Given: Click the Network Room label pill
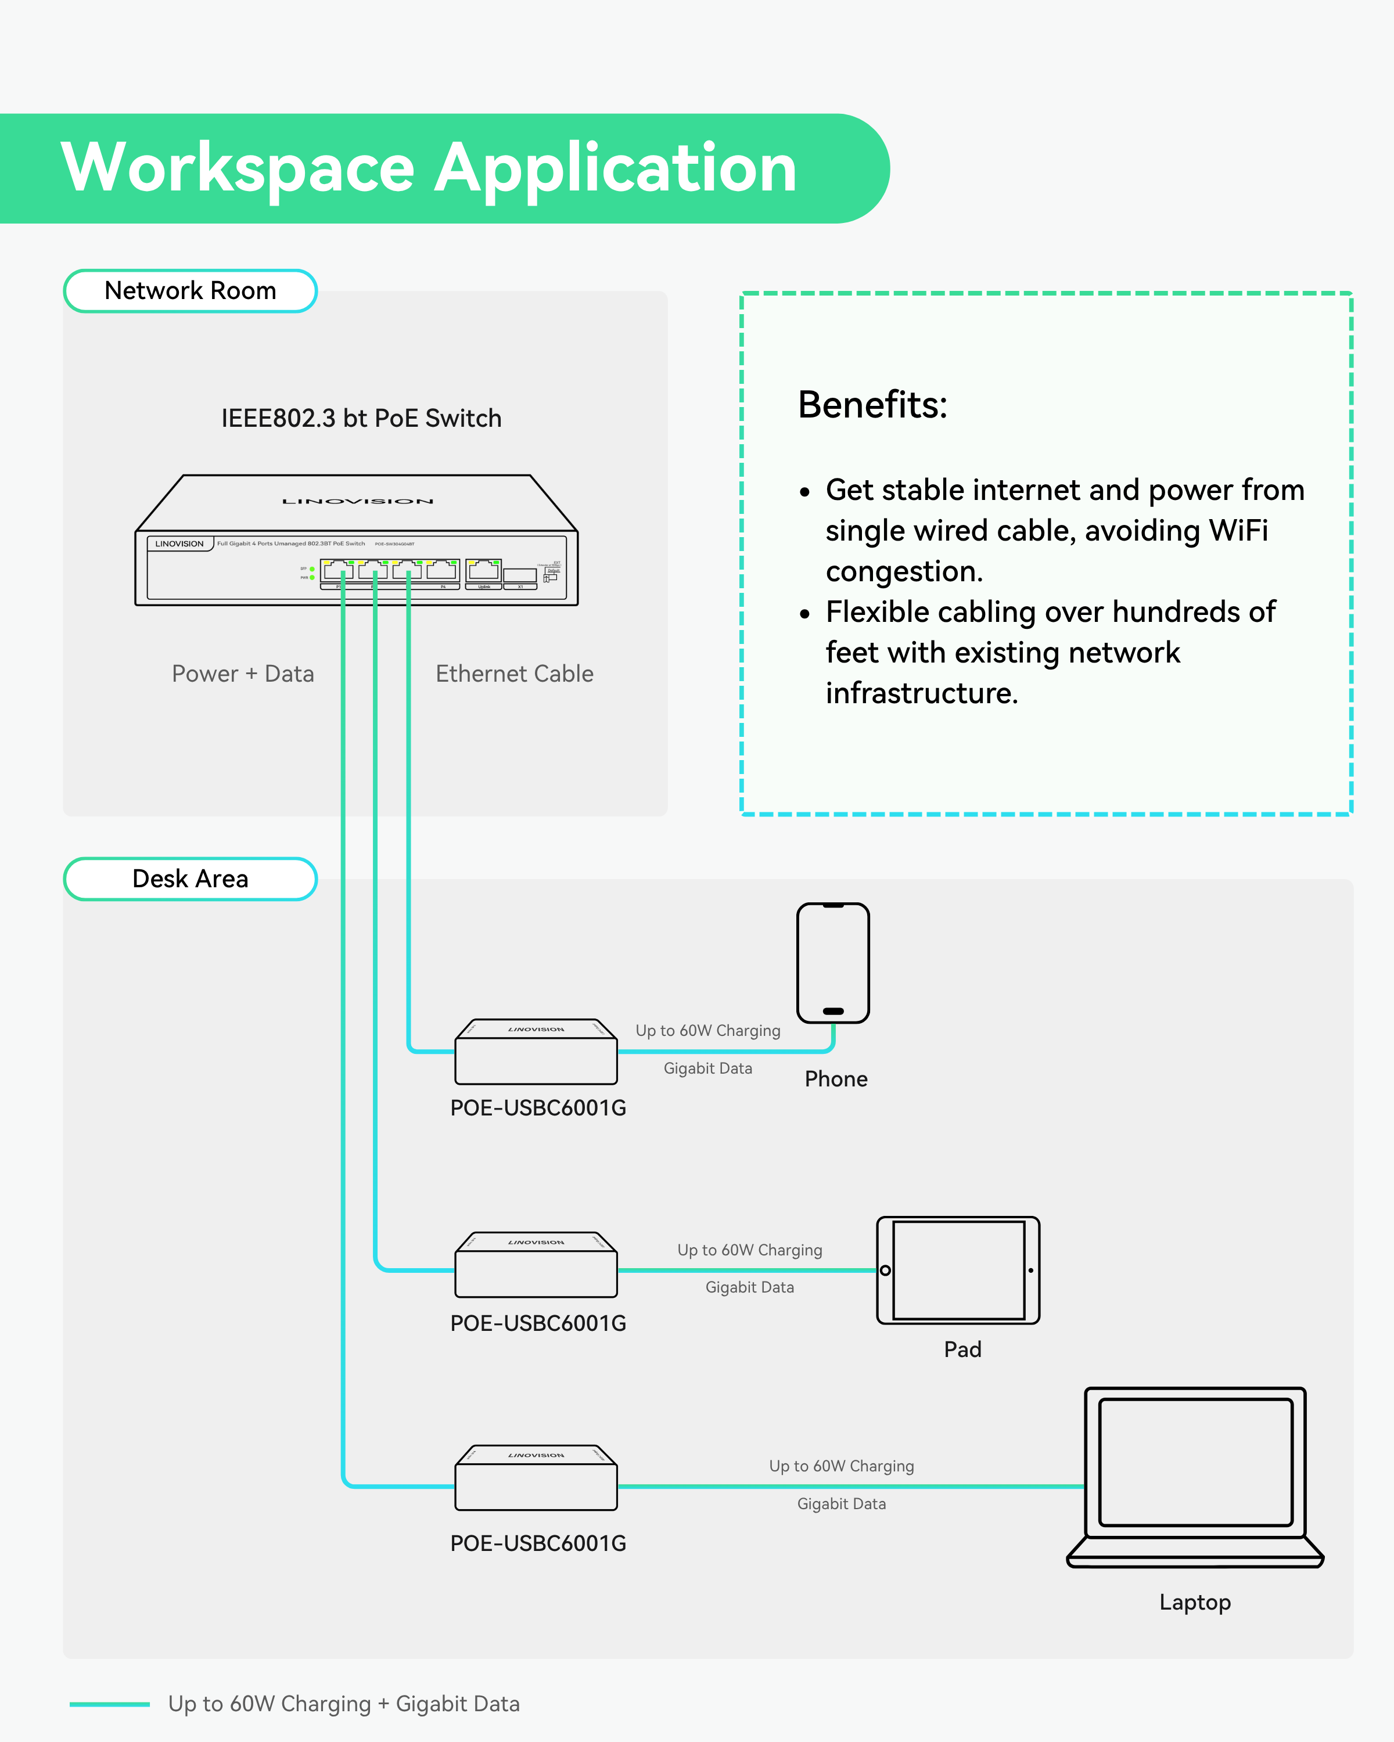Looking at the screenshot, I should point(190,291).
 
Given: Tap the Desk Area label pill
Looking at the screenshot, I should point(190,879).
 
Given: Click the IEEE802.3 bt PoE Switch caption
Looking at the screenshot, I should point(361,419).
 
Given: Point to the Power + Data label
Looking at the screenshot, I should point(242,674).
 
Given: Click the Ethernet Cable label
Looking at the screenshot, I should point(514,674).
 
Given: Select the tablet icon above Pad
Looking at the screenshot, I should point(958,1270).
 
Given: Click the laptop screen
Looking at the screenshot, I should point(1195,1463).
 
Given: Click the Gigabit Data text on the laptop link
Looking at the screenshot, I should point(841,1505).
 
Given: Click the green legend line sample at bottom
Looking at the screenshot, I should point(109,1705).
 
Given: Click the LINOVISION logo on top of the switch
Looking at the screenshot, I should point(357,502).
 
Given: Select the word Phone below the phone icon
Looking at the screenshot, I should point(836,1079).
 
